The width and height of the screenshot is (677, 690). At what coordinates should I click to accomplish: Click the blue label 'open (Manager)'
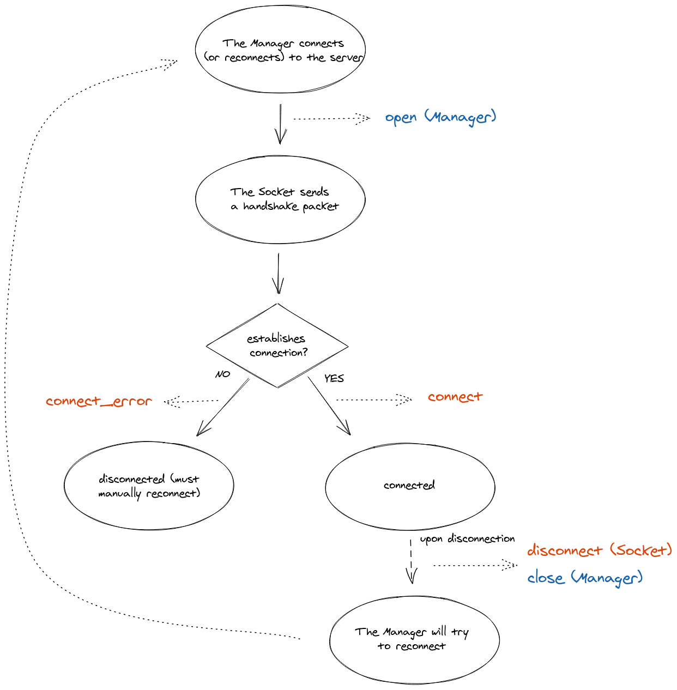pos(440,117)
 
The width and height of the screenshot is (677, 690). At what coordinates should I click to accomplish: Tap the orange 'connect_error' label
pos(99,402)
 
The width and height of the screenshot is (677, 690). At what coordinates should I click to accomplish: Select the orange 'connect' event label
pos(455,397)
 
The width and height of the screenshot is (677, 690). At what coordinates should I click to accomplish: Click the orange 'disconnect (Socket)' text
pos(599,550)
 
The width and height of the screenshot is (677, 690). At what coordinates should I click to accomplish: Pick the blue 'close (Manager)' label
pos(585,578)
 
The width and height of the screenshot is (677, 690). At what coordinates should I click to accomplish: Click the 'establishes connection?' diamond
pos(277,346)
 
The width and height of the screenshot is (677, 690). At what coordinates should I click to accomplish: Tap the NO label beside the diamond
pos(223,374)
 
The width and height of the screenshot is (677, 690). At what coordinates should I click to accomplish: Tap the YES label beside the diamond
pos(334,378)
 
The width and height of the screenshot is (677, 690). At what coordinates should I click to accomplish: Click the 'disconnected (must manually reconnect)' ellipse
pos(149,486)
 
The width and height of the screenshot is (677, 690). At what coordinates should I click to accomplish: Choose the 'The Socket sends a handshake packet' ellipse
pos(280,199)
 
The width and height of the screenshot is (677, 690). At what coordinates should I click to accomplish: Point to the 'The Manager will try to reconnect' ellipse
pos(414,639)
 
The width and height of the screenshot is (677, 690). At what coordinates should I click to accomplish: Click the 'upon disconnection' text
pos(467,539)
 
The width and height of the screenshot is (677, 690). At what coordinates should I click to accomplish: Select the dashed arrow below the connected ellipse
pos(411,561)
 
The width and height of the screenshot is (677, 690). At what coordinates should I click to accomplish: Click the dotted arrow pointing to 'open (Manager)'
pos(331,118)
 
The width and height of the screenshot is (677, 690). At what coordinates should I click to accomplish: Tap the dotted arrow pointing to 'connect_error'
pos(191,402)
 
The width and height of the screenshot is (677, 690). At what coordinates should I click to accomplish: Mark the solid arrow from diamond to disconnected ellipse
pos(222,407)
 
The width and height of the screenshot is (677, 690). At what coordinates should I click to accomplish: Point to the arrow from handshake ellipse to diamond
pos(279,273)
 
